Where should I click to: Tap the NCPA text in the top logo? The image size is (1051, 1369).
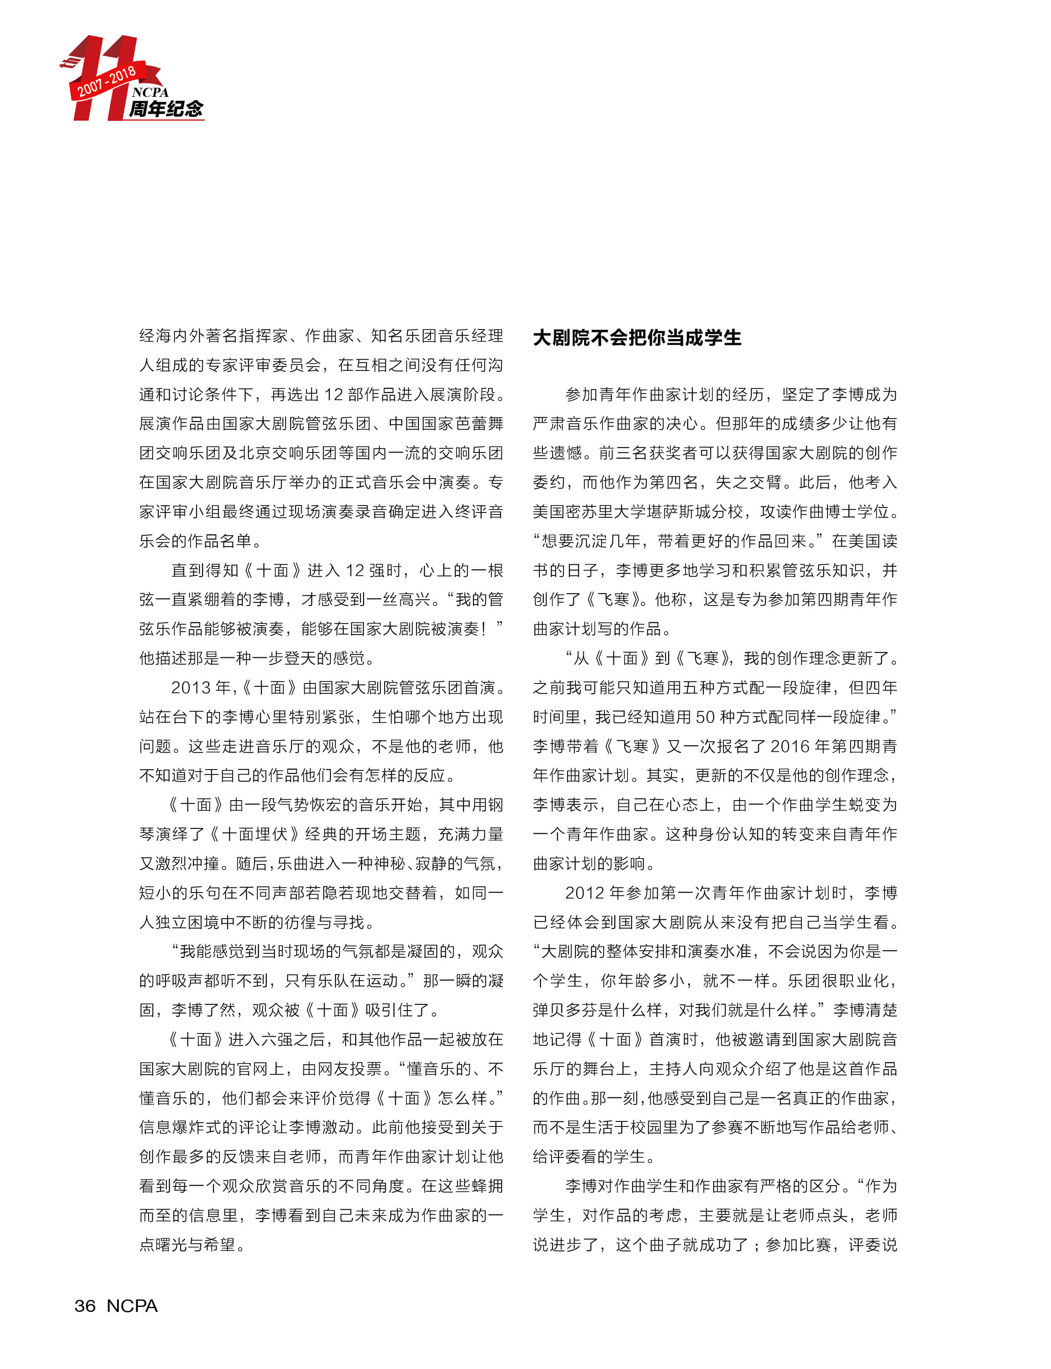150,92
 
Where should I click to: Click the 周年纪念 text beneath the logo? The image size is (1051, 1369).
166,109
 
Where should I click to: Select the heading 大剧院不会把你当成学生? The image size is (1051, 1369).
637,338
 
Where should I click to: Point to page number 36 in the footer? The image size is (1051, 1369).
85,1306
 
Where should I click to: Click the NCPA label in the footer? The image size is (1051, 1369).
132,1306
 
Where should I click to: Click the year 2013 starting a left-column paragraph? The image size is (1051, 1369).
191,688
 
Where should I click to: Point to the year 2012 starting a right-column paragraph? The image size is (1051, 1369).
584,893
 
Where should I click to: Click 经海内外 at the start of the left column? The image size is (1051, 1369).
164,336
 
